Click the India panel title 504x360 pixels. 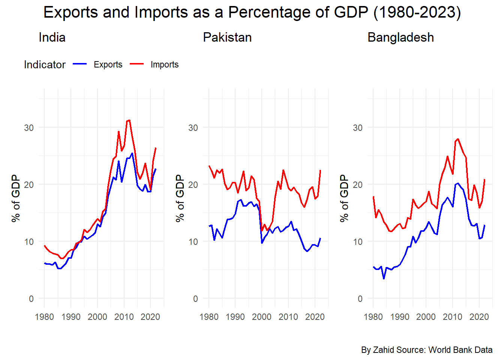(52, 37)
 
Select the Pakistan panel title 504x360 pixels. (227, 37)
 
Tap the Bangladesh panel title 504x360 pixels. (400, 37)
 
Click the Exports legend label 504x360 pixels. (108, 64)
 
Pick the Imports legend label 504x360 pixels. (164, 64)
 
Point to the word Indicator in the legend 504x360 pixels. (45, 64)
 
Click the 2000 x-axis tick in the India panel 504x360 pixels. (97, 317)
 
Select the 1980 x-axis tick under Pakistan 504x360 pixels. (209, 317)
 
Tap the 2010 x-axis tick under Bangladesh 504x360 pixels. (453, 317)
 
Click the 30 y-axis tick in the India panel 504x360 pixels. (29, 127)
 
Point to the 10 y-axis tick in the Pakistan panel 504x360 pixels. (193, 241)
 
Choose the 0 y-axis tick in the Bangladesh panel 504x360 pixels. (360, 298)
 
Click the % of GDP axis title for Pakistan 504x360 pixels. (180, 198)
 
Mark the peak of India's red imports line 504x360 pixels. (129, 120)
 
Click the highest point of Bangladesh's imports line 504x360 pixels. (458, 139)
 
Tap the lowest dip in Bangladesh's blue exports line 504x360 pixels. (384, 278)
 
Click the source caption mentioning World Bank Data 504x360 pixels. (427, 350)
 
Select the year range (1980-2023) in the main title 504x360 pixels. (417, 12)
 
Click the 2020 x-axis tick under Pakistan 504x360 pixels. (315, 317)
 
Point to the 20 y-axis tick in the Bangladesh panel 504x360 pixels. (358, 184)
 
